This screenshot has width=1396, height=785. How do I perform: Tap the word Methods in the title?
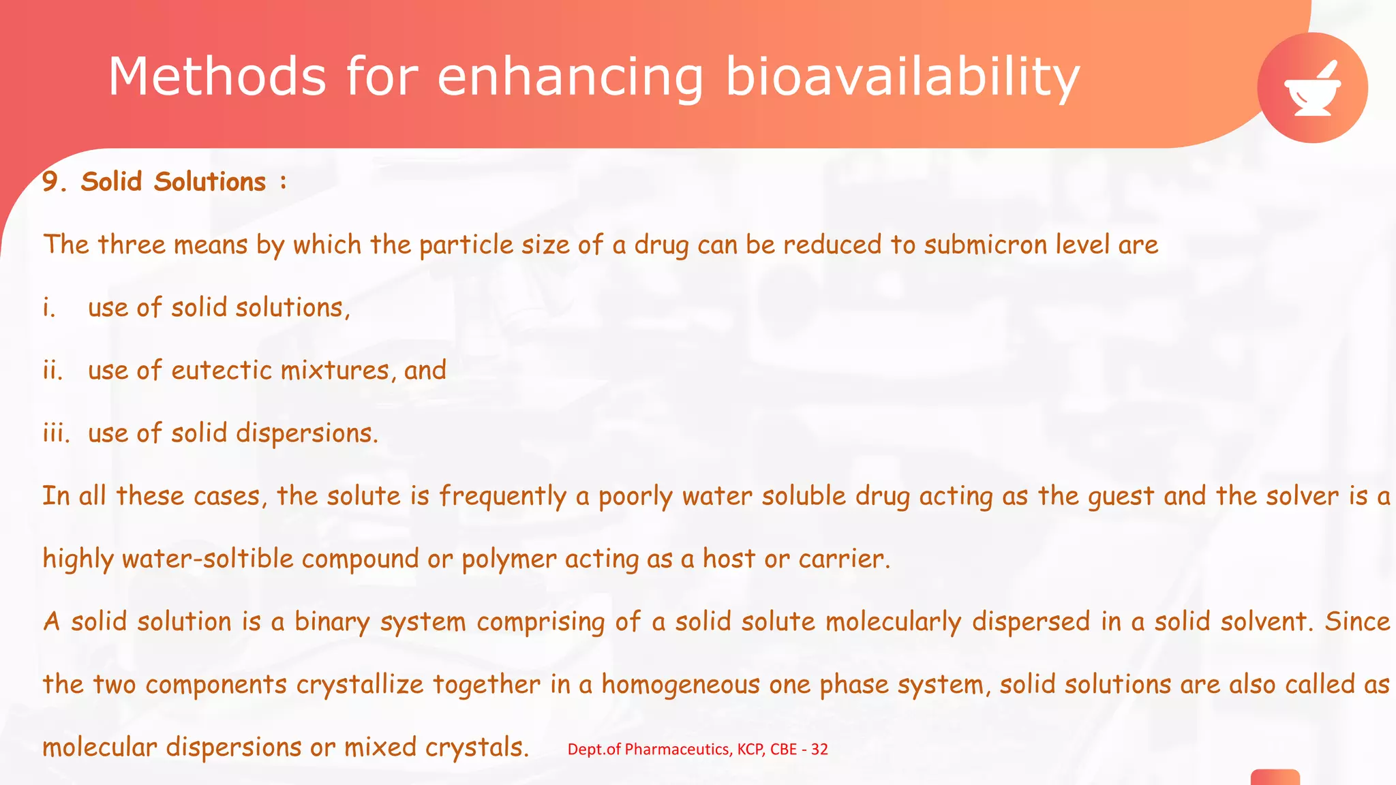pos(217,76)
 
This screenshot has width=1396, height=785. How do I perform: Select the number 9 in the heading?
pos(50,182)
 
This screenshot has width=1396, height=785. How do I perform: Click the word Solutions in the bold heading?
pos(209,182)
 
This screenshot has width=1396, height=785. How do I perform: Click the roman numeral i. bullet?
pos(49,307)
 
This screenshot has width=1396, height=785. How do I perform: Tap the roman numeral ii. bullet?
pos(52,370)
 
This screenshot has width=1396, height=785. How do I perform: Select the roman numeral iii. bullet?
pos(56,433)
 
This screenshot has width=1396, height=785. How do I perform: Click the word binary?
pos(332,622)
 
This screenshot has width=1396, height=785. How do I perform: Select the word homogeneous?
pos(680,685)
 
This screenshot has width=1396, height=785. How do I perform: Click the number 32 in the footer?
pos(819,750)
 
